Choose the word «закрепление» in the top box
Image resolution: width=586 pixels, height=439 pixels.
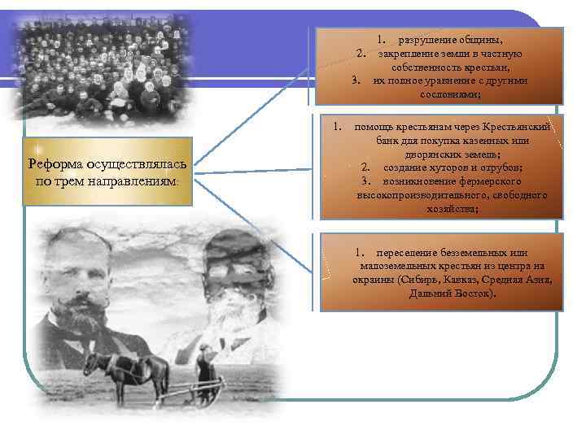413,53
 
